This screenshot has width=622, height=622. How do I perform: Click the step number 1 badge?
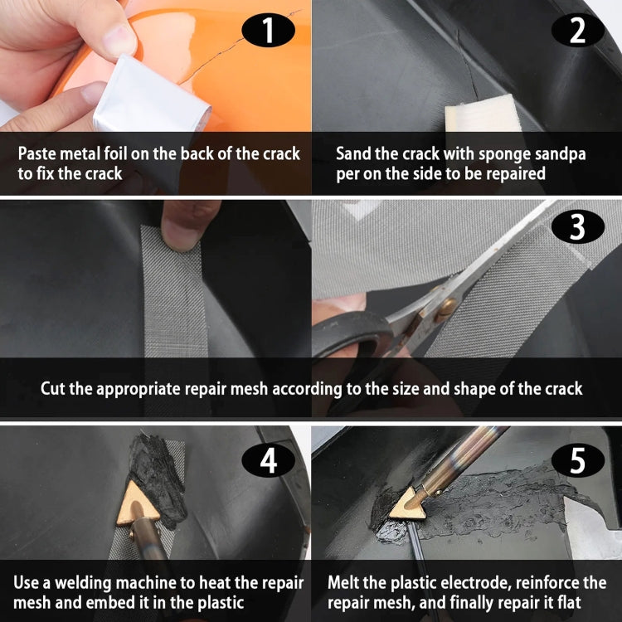pos(267,31)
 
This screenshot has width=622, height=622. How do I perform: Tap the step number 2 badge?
pos(577,31)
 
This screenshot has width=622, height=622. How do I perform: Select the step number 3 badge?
pos(577,226)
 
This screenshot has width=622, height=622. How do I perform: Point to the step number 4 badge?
pos(267,461)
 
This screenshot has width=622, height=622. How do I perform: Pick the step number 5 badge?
pos(577,461)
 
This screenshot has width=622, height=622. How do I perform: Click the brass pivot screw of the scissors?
pos(445,307)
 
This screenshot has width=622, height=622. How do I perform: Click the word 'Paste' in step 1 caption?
pos(38,154)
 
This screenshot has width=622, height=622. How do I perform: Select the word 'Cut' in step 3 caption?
pos(52,388)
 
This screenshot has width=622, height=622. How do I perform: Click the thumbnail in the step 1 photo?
pos(116,37)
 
